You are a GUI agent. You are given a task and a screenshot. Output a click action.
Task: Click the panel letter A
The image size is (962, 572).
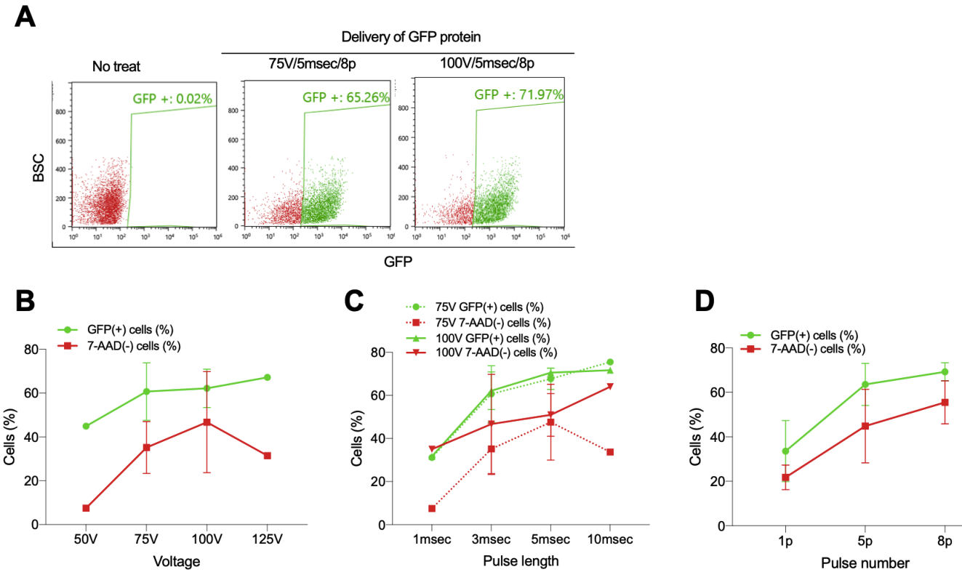26,17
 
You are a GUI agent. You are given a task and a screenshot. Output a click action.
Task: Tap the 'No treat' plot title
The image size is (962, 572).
116,67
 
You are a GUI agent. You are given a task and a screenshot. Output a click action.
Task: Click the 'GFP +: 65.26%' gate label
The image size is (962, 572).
345,97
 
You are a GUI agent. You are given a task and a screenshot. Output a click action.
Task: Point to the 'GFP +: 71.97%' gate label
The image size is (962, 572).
518,94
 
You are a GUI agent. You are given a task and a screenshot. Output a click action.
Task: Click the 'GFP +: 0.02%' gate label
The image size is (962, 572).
171,98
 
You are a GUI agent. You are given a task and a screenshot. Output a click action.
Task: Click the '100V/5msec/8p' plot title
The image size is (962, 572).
488,63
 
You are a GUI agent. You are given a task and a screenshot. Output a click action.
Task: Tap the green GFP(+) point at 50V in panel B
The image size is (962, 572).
86,426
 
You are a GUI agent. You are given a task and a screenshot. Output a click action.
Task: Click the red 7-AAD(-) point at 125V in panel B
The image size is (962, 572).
268,456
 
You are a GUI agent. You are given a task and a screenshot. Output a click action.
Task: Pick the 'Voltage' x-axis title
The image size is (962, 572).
177,562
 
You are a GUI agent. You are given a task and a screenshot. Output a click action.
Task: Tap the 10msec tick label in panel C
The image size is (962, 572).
609,540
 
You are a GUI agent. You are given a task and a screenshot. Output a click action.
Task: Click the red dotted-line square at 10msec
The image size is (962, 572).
609,452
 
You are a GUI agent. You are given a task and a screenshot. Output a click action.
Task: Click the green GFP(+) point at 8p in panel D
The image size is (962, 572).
945,372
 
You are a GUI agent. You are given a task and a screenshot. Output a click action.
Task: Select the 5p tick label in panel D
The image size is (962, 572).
865,541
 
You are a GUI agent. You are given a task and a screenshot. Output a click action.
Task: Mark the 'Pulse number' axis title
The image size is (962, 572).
865,563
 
